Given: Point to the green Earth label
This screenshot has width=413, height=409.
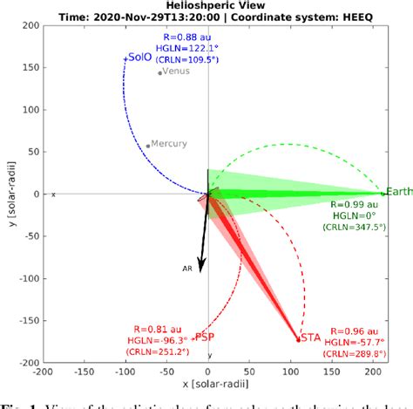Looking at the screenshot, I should tap(399, 192).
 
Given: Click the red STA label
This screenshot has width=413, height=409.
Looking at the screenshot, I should tap(310, 337).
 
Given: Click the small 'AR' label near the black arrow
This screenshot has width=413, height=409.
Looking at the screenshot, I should tap(186, 269).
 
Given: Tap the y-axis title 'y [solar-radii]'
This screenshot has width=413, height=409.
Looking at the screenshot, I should tap(10, 193).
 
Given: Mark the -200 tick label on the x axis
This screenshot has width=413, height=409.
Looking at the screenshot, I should tap(39, 372).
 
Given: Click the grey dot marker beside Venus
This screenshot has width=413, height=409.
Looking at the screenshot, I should tap(159, 72).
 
